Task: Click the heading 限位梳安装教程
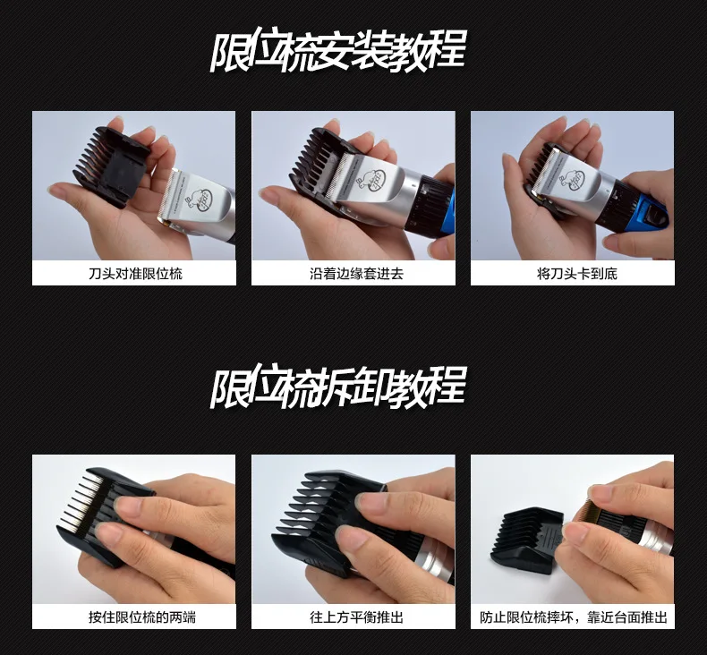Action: (x=338, y=51)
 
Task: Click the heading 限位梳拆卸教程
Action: (x=338, y=387)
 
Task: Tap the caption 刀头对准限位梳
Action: (x=135, y=274)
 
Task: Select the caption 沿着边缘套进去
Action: (x=356, y=274)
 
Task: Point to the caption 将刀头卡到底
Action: (x=576, y=274)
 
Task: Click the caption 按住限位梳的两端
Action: (x=142, y=617)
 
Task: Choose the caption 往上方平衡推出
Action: (x=356, y=617)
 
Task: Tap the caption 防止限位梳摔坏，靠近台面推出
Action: (x=573, y=617)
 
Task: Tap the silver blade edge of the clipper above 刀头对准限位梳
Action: (x=166, y=195)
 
